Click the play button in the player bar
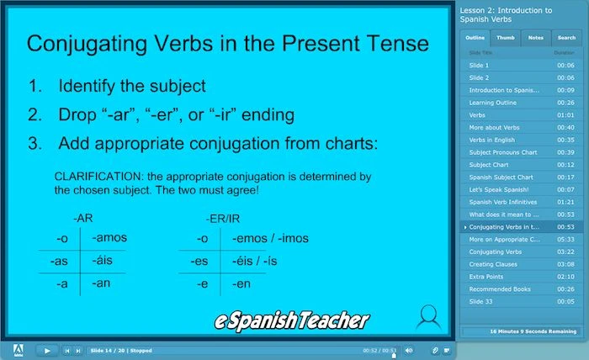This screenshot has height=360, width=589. [x=47, y=350]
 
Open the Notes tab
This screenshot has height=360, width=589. [x=535, y=38]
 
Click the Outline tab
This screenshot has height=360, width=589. [x=475, y=38]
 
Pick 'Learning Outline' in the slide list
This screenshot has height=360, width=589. [x=493, y=103]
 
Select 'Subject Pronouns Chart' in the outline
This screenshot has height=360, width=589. [x=503, y=152]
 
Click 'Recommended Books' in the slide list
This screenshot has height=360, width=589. [x=500, y=289]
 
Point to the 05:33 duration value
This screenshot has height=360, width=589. [x=565, y=239]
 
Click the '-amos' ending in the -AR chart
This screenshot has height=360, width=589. [x=109, y=238]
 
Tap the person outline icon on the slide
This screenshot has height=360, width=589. [x=429, y=315]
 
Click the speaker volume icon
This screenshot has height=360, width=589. [x=409, y=350]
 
